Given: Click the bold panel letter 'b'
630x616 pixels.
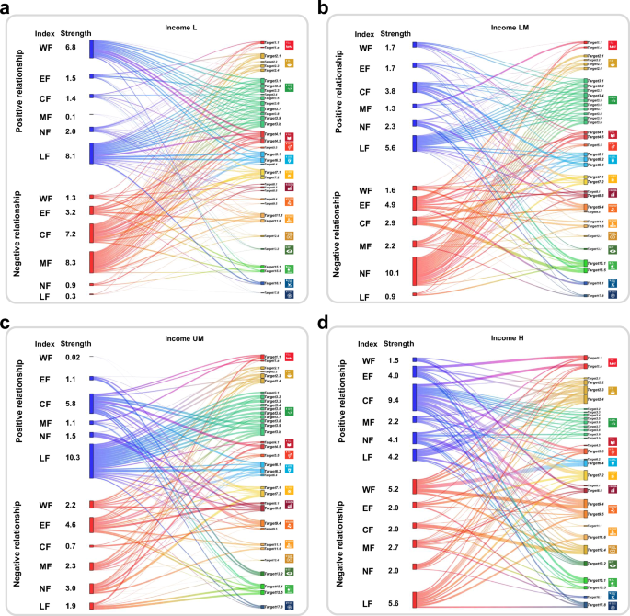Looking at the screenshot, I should click(x=324, y=7).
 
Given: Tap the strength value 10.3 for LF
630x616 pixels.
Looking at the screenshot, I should click(x=74, y=457).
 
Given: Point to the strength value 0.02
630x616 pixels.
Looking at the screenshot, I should click(x=73, y=357).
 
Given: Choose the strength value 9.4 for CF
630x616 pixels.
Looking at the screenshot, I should click(x=393, y=400).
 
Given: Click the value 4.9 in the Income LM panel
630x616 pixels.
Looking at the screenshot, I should click(x=391, y=205).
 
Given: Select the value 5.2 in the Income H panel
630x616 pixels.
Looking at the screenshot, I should click(x=393, y=489).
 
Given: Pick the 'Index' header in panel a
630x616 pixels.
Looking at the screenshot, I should click(x=45, y=34).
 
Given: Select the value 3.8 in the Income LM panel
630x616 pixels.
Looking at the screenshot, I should click(x=391, y=92).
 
